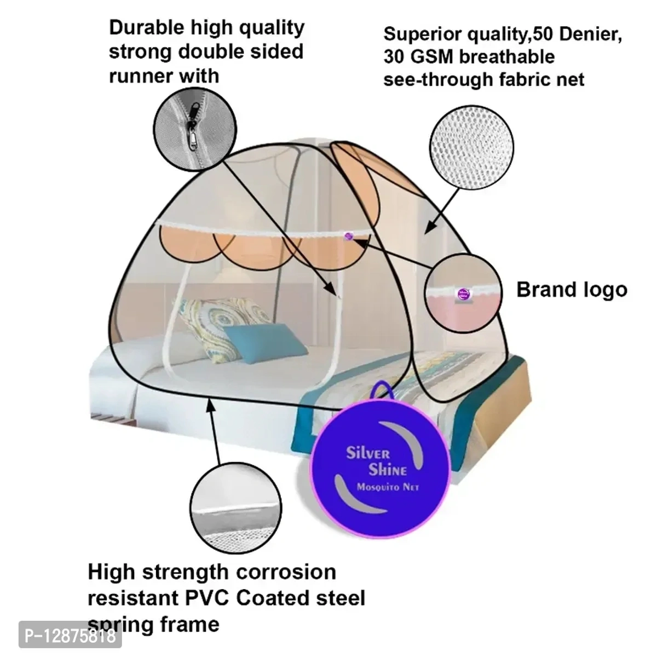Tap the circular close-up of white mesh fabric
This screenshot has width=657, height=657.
coord(472,148)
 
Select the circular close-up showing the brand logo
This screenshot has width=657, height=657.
coord(463,293)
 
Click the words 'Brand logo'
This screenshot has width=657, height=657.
coord(572,290)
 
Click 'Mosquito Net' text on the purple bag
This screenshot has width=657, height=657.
coord(388,487)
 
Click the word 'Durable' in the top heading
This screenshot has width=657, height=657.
coord(147,27)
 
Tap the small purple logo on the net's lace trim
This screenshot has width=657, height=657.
coord(348,236)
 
